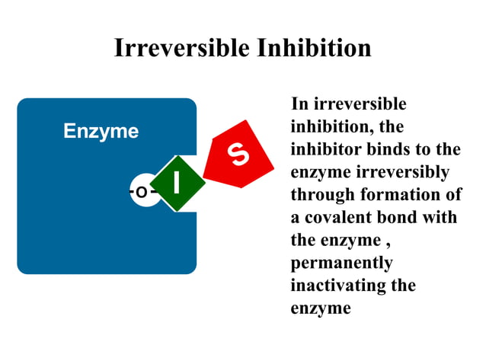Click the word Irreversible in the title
click(181, 47)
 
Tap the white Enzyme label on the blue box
click(101, 131)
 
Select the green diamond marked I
click(177, 184)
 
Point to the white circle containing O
click(142, 192)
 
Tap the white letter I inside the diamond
click(177, 184)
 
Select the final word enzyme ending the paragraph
click(321, 308)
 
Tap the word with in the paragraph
click(441, 217)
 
